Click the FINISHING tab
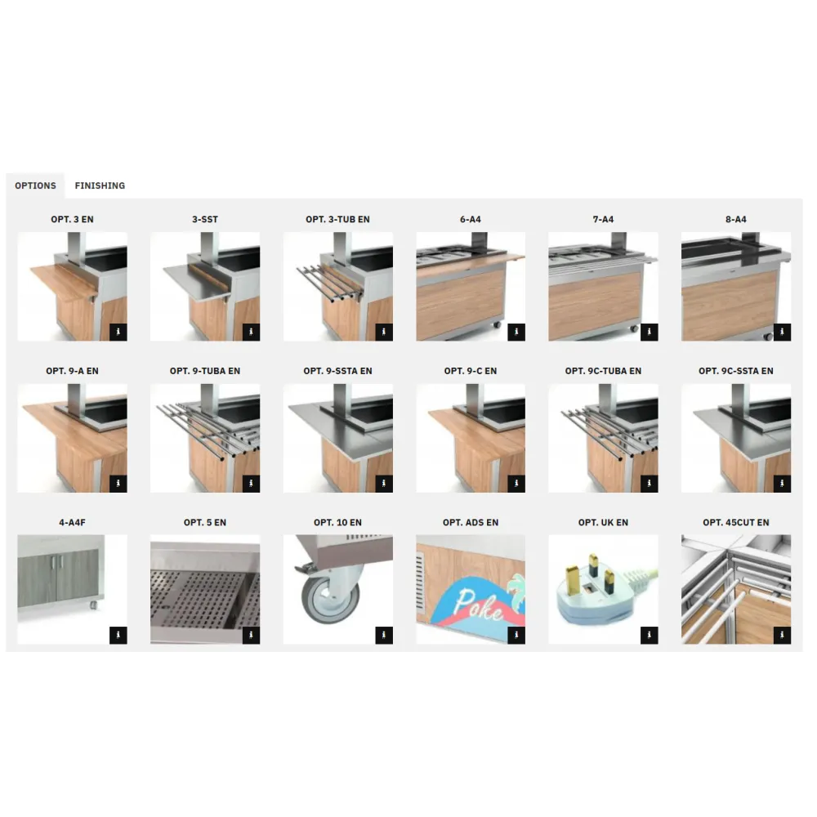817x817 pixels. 100,185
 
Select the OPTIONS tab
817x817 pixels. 35,185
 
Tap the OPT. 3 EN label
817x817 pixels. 72,220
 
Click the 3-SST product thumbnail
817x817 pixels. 205,286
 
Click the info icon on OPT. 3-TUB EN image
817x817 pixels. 384,332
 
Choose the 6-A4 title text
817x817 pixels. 471,220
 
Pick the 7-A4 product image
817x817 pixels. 603,286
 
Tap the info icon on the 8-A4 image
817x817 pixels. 782,332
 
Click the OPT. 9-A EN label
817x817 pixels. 72,371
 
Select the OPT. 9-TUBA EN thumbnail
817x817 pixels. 205,438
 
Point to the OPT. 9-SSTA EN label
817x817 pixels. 337,371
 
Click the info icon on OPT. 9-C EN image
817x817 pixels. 516,484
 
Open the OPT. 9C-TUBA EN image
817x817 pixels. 603,438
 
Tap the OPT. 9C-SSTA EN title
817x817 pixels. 735,371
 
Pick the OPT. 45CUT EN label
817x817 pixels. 735,522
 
